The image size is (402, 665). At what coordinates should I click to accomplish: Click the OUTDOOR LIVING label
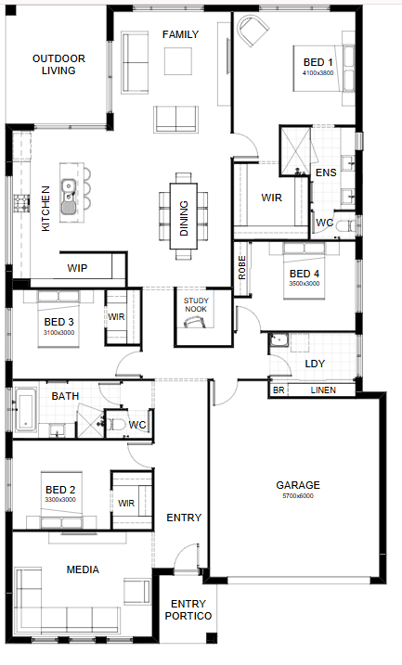coord(58,65)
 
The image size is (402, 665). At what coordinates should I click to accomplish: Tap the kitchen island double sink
coord(68,197)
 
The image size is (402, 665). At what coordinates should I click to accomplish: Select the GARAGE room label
coord(298,485)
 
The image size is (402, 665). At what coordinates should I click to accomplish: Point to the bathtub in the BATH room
coord(25,411)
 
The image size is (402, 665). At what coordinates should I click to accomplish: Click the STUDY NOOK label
coord(196,305)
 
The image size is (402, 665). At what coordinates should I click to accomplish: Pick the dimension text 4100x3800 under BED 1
coord(318,73)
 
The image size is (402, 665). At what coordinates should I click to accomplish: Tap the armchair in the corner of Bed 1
coord(253,30)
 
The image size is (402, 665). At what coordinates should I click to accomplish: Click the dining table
coord(184,216)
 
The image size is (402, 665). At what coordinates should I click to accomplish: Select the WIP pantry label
coord(77,268)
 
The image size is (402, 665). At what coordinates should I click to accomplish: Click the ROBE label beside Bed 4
coord(242,268)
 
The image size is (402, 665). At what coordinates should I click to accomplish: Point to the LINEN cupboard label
coord(323,390)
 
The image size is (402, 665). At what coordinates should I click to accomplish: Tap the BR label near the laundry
coord(279,390)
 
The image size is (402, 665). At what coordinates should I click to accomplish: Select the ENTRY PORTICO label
coord(188,610)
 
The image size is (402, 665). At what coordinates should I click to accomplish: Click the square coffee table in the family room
coord(178,61)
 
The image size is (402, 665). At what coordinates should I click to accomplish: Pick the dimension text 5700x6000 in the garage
coord(298,496)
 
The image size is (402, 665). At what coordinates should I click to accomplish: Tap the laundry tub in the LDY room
coord(279,341)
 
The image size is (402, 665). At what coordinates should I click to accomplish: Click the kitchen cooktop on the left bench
coord(21,203)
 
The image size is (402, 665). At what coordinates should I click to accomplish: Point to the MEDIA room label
coord(83,569)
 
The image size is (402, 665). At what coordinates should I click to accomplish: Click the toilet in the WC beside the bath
coord(115,424)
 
